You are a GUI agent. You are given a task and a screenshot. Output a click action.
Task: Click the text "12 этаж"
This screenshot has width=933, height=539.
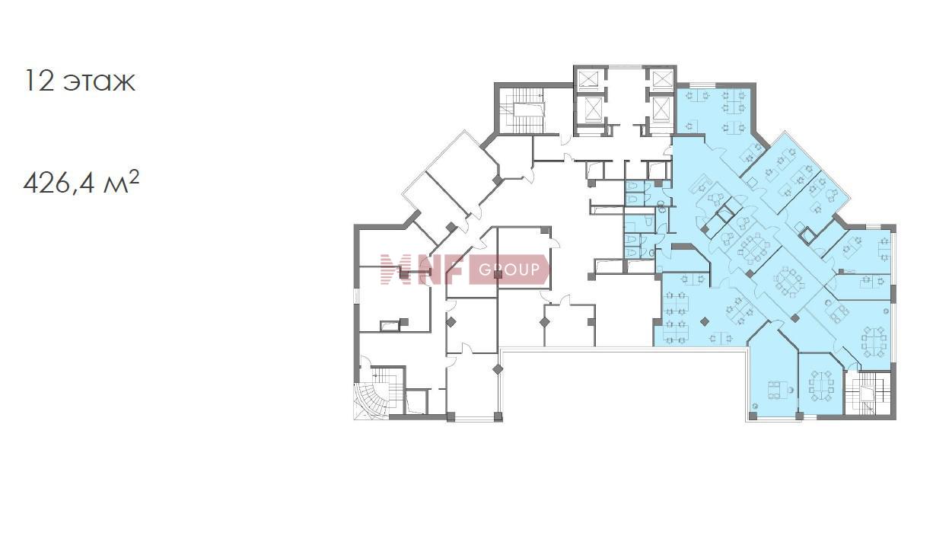point(80,81)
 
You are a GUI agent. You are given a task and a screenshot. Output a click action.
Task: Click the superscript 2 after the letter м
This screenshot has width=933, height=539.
point(134,178)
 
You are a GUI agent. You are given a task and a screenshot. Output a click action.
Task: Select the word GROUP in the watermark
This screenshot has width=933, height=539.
point(509,270)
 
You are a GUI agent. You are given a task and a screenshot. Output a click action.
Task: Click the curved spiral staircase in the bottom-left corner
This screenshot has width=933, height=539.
point(371,400)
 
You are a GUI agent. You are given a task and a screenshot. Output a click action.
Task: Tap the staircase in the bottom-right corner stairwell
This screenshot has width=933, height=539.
point(867,394)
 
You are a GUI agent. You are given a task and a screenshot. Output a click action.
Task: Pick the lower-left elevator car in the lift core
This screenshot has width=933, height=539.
point(591,110)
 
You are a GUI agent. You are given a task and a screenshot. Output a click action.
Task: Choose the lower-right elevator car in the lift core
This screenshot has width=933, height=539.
point(660,110)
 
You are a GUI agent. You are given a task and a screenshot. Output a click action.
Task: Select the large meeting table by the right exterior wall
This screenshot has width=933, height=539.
point(874,342)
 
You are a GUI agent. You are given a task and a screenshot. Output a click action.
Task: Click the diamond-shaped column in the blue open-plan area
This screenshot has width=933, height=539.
point(705,321)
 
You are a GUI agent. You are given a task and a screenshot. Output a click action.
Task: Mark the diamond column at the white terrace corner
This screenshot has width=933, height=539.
point(498,369)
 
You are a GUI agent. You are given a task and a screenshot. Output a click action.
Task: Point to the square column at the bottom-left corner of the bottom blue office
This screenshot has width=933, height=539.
point(752,415)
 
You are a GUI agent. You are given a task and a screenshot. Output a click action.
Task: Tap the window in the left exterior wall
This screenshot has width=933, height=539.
point(356,295)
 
